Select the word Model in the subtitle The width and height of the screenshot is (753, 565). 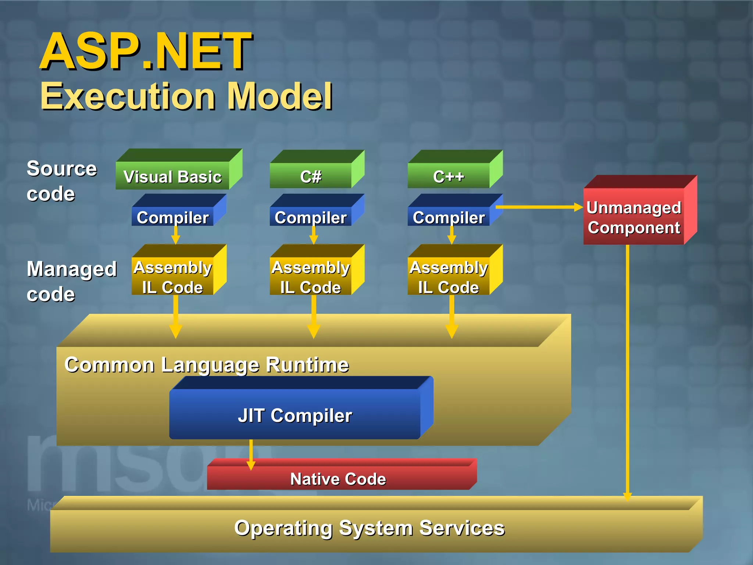[279, 96]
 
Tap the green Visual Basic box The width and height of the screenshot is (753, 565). [172, 176]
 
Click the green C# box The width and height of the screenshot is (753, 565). [311, 176]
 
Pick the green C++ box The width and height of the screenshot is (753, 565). [449, 176]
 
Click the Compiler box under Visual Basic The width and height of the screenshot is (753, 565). [172, 217]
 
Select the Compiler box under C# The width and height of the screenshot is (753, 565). [311, 217]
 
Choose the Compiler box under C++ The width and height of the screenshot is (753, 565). [449, 217]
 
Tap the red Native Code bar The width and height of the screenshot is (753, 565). [338, 478]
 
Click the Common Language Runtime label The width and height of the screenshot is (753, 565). [206, 365]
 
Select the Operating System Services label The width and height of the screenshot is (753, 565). [369, 527]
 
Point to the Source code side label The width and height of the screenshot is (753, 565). [61, 181]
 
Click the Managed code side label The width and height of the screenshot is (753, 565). [71, 281]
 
